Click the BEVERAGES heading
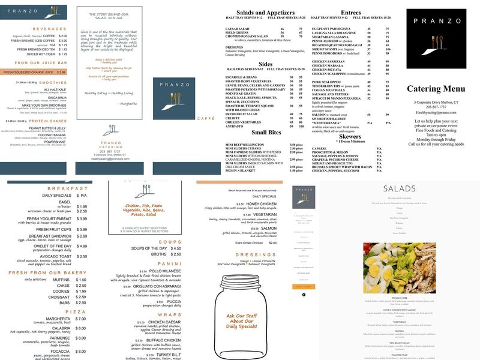pyautogui.click(x=50, y=29)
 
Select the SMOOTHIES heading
pyautogui.click(x=53, y=82)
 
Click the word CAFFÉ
pyautogui.click(x=189, y=119)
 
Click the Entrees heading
pyautogui.click(x=350, y=13)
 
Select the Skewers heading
pyautogui.click(x=350, y=136)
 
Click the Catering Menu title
pyautogui.click(x=436, y=89)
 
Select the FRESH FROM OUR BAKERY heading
pyautogui.click(x=47, y=273)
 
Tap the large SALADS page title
pyautogui.click(x=399, y=189)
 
